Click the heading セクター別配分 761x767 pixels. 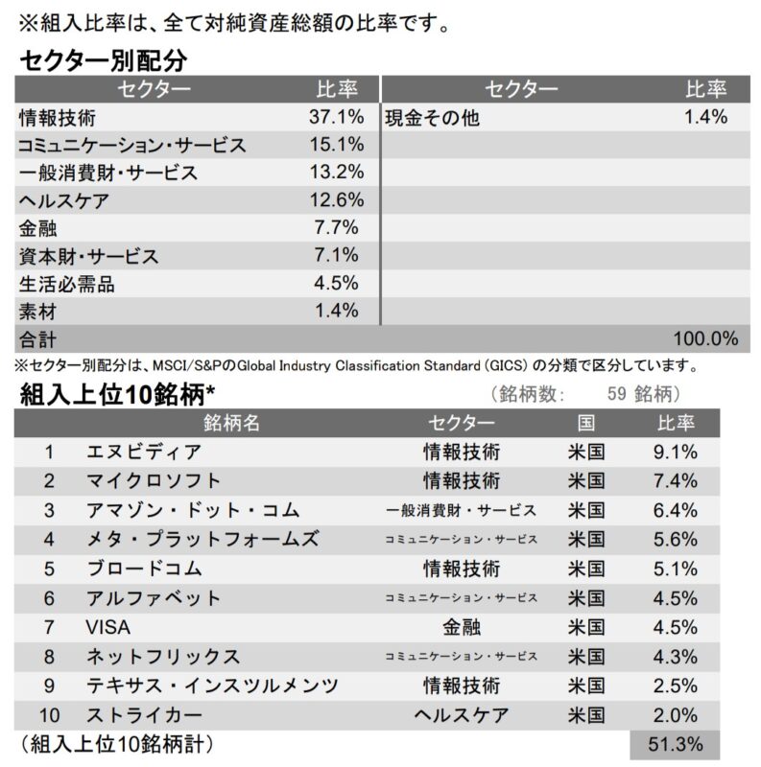click(103, 60)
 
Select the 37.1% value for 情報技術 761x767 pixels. click(338, 117)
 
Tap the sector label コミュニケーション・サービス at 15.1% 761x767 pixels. click(132, 146)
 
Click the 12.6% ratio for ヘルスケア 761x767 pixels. click(338, 200)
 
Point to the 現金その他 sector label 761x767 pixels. click(433, 118)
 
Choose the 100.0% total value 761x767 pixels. click(705, 338)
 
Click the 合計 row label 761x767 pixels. click(38, 339)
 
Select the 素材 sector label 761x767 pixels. click(38, 312)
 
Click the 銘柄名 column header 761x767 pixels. click(231, 423)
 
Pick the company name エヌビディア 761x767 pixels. click(144, 452)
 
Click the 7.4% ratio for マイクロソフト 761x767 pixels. click(675, 480)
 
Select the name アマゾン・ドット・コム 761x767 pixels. click(193, 510)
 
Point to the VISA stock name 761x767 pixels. click(107, 627)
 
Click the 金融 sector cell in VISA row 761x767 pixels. click(462, 627)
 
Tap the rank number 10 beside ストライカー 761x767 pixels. click(50, 715)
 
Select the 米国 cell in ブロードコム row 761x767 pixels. click(586, 569)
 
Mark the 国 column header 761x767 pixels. click(586, 423)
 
